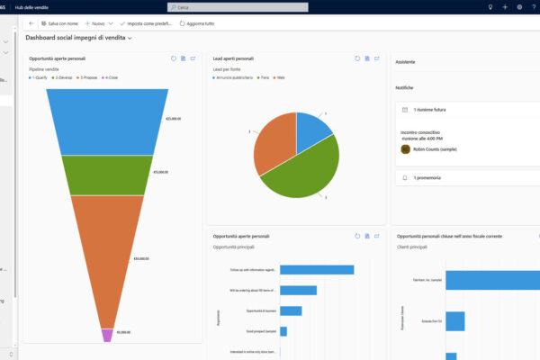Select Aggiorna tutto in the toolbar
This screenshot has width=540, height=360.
(x=194, y=22)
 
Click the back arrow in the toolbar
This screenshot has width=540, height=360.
(x=31, y=22)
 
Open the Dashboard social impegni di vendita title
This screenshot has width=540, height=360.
(x=78, y=39)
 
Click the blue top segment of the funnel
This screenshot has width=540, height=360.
(x=107, y=121)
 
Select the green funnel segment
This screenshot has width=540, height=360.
(x=107, y=175)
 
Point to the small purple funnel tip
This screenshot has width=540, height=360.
(x=107, y=335)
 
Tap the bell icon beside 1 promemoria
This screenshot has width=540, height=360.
(x=404, y=178)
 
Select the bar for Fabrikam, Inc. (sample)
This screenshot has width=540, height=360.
(x=491, y=280)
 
